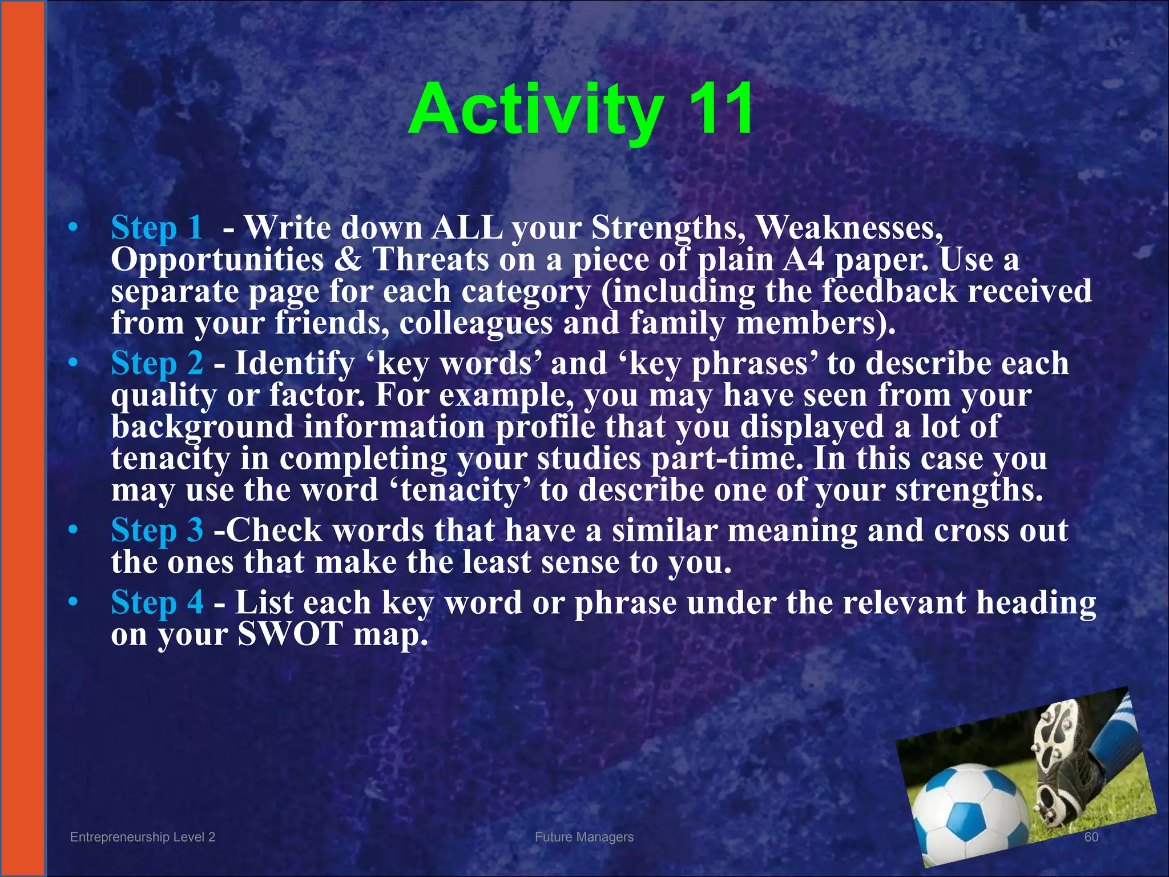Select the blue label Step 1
pos(156,228)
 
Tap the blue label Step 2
pos(156,363)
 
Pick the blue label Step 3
pos(156,530)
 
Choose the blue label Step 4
pos(156,602)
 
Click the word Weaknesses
pos(849,228)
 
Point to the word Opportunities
pos(217,260)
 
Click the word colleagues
pos(475,323)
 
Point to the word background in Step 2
pos(202,427)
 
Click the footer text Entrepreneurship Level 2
pos(142,837)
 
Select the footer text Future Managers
pos(584,837)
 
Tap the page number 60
pos(1091,837)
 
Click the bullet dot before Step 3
pos(72,531)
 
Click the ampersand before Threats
pos(348,260)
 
